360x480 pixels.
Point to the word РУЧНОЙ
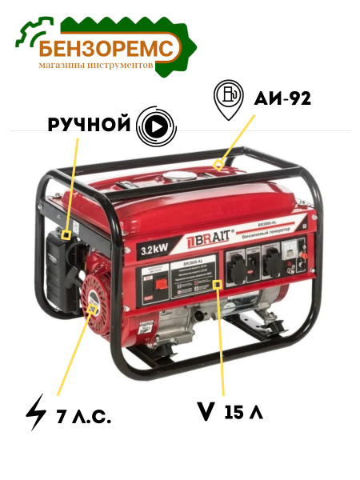click(90, 125)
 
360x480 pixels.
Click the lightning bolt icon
click(36, 412)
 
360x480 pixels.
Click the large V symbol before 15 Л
click(206, 413)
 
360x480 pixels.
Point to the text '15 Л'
click(244, 413)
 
